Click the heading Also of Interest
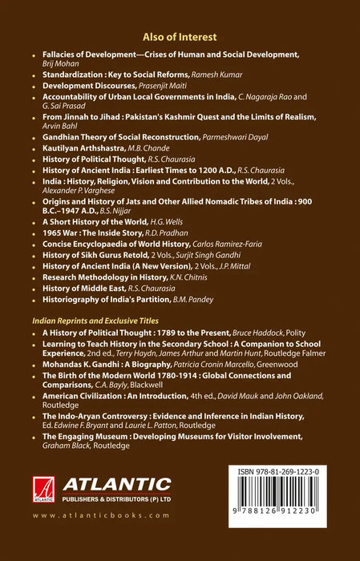tap(180, 36)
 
